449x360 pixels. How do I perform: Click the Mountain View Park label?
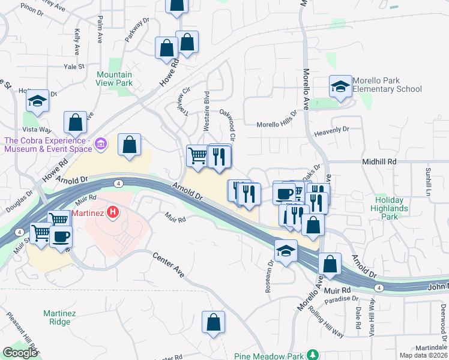[114, 79]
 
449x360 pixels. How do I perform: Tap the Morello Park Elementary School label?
[387, 85]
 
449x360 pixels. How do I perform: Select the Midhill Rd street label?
[379, 162]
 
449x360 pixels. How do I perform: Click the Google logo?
[20, 353]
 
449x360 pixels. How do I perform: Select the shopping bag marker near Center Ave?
[213, 322]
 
